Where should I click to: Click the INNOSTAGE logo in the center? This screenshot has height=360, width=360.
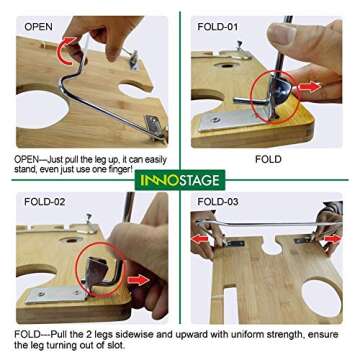[x=180, y=180]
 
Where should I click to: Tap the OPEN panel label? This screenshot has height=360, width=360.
[x=38, y=27]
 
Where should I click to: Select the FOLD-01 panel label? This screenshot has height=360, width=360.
[x=218, y=27]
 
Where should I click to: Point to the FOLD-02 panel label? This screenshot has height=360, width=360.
[x=45, y=202]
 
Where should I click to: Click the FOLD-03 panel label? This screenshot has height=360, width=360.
[x=218, y=202]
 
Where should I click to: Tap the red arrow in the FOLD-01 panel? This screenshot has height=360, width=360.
[x=309, y=87]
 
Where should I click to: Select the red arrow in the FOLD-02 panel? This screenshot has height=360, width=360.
[x=139, y=280]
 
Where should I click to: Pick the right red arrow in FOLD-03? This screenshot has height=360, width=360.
[x=333, y=239]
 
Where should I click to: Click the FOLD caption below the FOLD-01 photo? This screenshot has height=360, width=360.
[x=268, y=159]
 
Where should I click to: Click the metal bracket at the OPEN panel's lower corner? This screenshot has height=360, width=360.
[x=154, y=124]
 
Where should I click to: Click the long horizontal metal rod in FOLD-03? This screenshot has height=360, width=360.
[x=267, y=224]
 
